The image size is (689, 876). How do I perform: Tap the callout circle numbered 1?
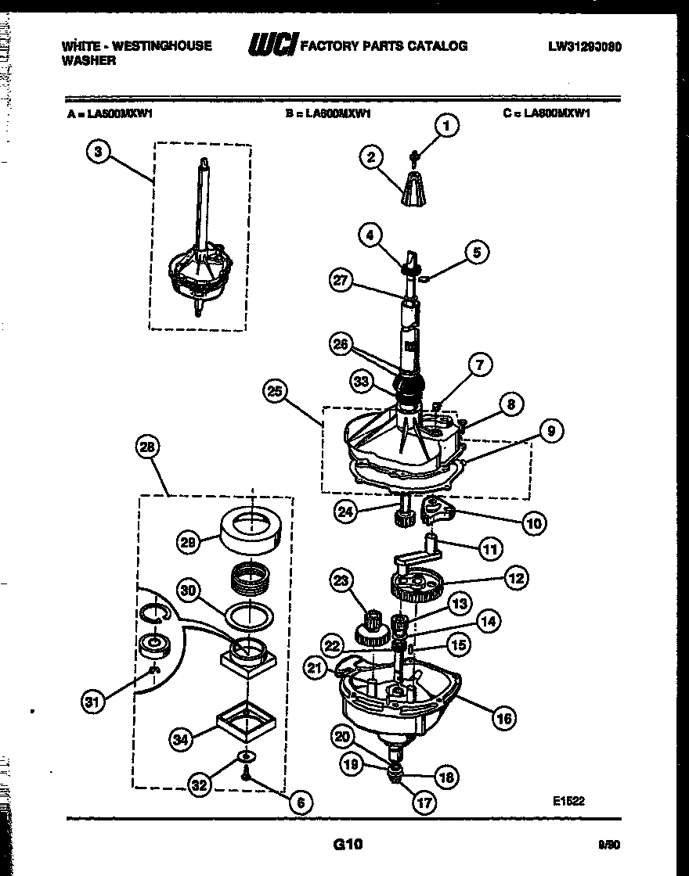point(446,125)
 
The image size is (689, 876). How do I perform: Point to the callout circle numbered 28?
point(146,448)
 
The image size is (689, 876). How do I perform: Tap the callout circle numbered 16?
point(505,717)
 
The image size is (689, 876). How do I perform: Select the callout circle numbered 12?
point(514,579)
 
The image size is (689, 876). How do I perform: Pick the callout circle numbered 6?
point(300,802)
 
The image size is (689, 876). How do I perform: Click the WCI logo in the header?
point(272,46)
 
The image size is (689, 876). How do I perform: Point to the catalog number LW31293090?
point(585,46)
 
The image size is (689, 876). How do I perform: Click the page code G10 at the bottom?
point(348,844)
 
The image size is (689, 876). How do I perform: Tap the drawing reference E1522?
point(568,800)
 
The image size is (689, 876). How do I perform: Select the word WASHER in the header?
point(88,60)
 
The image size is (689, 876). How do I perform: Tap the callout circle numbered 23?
point(342,581)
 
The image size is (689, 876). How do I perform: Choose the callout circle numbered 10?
point(534,522)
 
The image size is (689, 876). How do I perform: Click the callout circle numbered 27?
point(341,282)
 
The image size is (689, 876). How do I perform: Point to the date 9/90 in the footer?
point(608,845)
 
